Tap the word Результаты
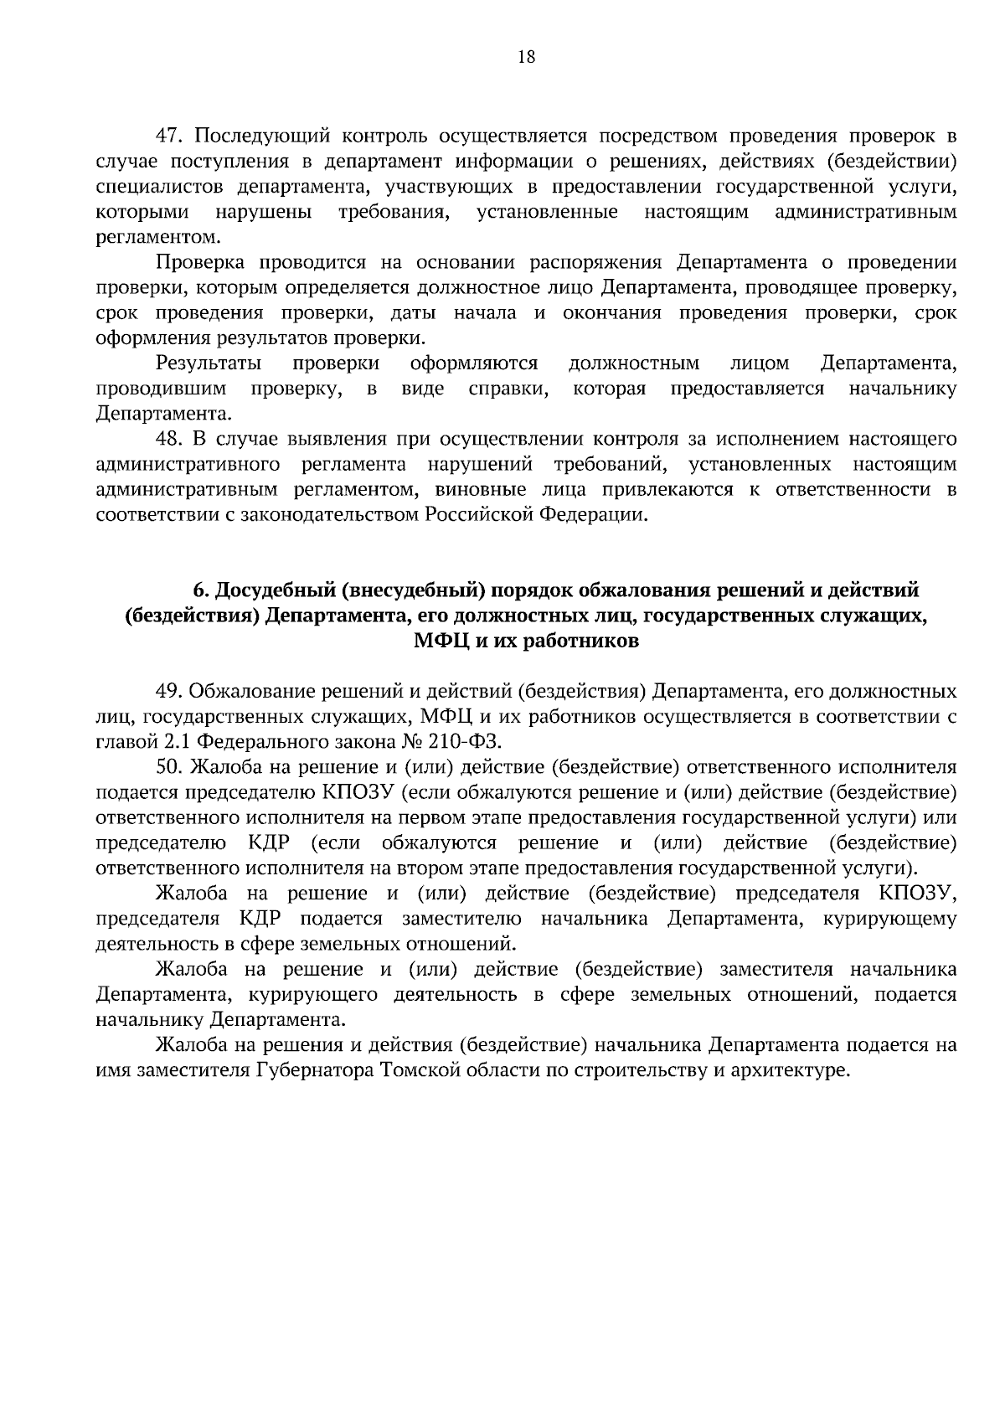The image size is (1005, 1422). tap(209, 363)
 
